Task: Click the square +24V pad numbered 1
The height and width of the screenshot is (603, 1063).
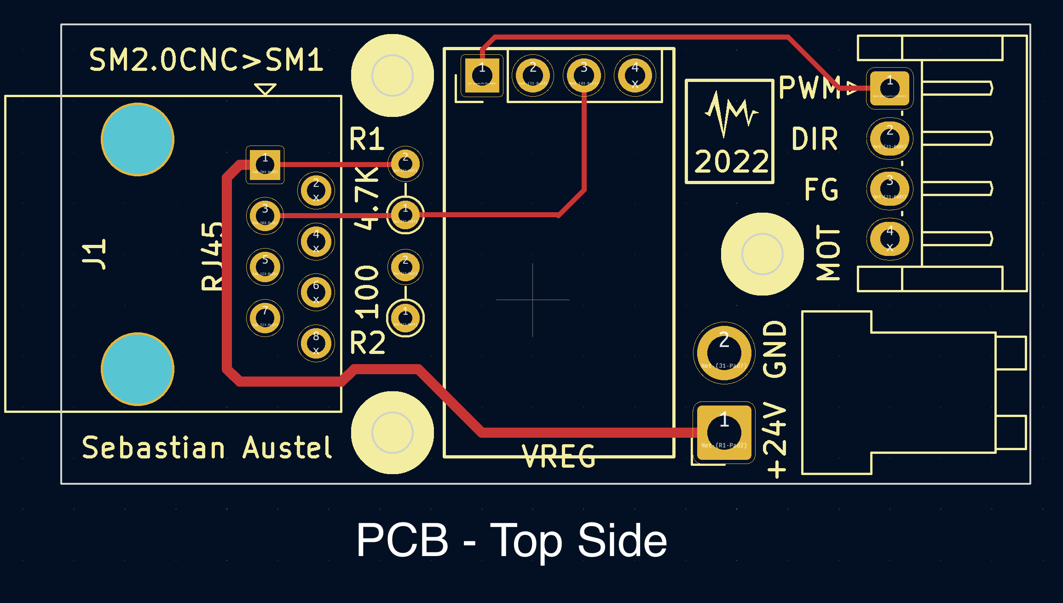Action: [724, 432]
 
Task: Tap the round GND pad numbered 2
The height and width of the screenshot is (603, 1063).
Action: [724, 353]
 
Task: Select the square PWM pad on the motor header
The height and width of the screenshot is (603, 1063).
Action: [890, 88]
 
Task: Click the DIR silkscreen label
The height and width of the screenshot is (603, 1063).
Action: [815, 139]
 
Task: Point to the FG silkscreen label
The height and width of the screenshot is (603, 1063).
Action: [821, 189]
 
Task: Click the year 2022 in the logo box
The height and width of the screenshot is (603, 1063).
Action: [731, 162]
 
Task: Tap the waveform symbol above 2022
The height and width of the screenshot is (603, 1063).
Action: [731, 113]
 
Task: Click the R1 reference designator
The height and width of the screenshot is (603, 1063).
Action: [366, 139]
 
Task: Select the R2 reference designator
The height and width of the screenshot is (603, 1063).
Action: [367, 343]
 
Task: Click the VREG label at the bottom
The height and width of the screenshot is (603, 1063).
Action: [559, 456]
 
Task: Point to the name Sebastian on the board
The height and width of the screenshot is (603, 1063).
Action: [153, 448]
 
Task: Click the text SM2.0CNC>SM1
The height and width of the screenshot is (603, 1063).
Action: [206, 60]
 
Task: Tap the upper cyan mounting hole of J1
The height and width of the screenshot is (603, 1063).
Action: [138, 139]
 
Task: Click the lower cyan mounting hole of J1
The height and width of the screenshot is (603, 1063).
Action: [138, 369]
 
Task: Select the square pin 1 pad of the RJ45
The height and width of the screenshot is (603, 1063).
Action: [265, 165]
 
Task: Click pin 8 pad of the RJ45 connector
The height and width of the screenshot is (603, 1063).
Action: [316, 343]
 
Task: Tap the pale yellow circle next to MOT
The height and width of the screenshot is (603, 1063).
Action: [762, 254]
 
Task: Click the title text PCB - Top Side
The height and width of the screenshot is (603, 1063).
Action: [511, 540]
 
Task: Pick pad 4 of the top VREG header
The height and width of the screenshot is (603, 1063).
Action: [635, 75]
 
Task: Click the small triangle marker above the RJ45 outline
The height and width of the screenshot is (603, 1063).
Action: [266, 89]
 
